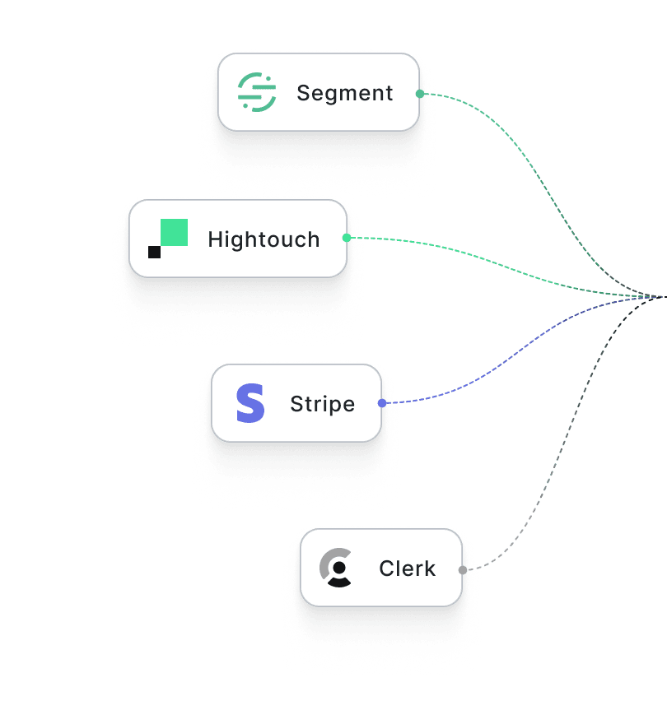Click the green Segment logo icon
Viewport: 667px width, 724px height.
click(x=256, y=92)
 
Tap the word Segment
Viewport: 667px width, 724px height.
click(x=345, y=93)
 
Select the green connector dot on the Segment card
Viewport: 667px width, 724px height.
click(x=420, y=94)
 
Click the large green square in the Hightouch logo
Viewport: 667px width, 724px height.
click(x=174, y=233)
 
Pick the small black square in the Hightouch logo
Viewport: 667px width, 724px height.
click(x=154, y=252)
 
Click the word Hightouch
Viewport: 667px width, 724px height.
click(x=264, y=239)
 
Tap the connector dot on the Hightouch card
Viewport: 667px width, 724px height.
click(x=347, y=238)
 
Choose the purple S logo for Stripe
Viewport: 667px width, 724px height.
click(x=250, y=403)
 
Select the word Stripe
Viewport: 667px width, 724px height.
click(x=322, y=404)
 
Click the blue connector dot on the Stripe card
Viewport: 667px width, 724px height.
click(x=381, y=403)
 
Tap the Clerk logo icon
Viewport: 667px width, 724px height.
click(x=336, y=568)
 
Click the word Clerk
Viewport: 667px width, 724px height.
click(x=407, y=569)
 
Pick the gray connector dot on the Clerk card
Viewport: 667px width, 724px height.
click(x=463, y=569)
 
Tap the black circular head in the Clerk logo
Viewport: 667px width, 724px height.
click(x=338, y=567)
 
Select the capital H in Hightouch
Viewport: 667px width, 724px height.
click(x=215, y=239)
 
